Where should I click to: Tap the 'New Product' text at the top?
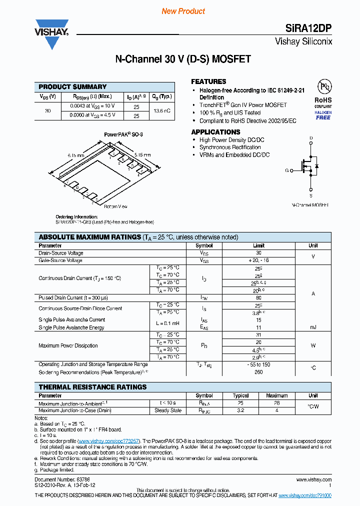click(x=183, y=11)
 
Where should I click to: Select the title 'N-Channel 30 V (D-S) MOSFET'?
click(x=183, y=59)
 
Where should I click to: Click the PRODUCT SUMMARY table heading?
click(x=72, y=87)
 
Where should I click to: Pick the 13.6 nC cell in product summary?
click(x=162, y=110)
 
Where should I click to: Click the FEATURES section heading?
click(x=208, y=81)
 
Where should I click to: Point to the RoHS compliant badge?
click(x=323, y=100)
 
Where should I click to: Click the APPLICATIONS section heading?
click(x=215, y=132)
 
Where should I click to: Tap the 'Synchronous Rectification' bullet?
click(x=230, y=147)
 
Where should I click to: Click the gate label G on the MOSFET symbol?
click(x=287, y=170)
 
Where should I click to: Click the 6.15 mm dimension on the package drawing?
click(x=75, y=155)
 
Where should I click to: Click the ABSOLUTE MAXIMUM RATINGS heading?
click(x=90, y=237)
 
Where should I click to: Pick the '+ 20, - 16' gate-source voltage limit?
click(x=258, y=260)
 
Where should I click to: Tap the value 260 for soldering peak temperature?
click(x=258, y=372)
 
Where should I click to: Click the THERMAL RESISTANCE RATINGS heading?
click(x=92, y=387)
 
